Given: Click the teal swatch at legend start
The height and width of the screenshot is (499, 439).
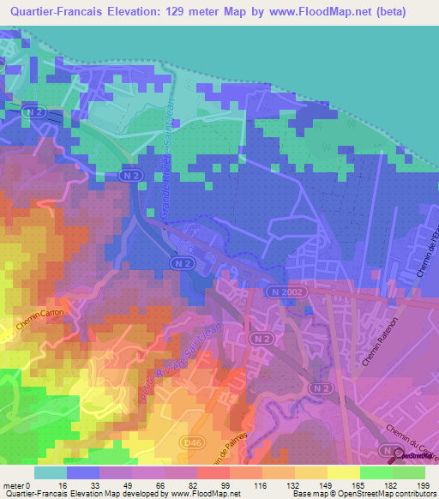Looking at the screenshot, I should pos(51,472).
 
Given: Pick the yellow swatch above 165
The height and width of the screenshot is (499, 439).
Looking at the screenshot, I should pos(344,472).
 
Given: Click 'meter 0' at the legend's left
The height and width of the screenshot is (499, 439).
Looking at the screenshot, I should pos(18,484).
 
